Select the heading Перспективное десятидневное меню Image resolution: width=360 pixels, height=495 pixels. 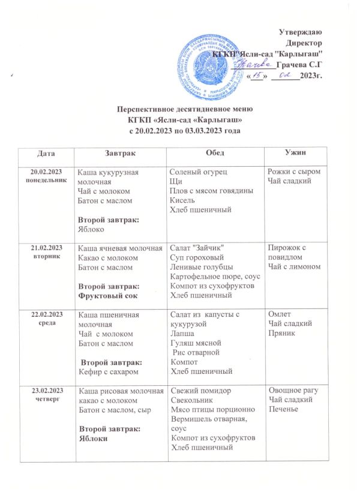pyautogui.click(x=181, y=109)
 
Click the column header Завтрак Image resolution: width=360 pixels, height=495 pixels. pyautogui.click(x=113, y=155)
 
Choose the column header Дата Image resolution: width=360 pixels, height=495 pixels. pyautogui.click(x=45, y=155)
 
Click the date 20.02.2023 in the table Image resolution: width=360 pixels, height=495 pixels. pyautogui.click(x=44, y=172)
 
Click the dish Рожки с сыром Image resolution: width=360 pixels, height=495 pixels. pyautogui.click(x=294, y=173)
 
